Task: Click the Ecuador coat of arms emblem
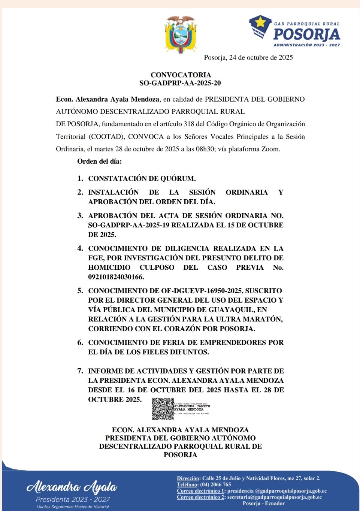181,34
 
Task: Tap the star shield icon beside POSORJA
260,27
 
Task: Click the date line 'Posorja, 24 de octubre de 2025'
248,57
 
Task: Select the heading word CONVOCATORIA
181,75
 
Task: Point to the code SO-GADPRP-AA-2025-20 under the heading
180,83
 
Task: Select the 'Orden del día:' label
99,161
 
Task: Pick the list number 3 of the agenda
80,216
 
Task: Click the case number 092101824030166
116,277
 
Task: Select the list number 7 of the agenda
80,371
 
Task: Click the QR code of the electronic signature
163,409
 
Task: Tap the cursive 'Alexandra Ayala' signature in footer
72,487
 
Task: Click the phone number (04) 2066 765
216,485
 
